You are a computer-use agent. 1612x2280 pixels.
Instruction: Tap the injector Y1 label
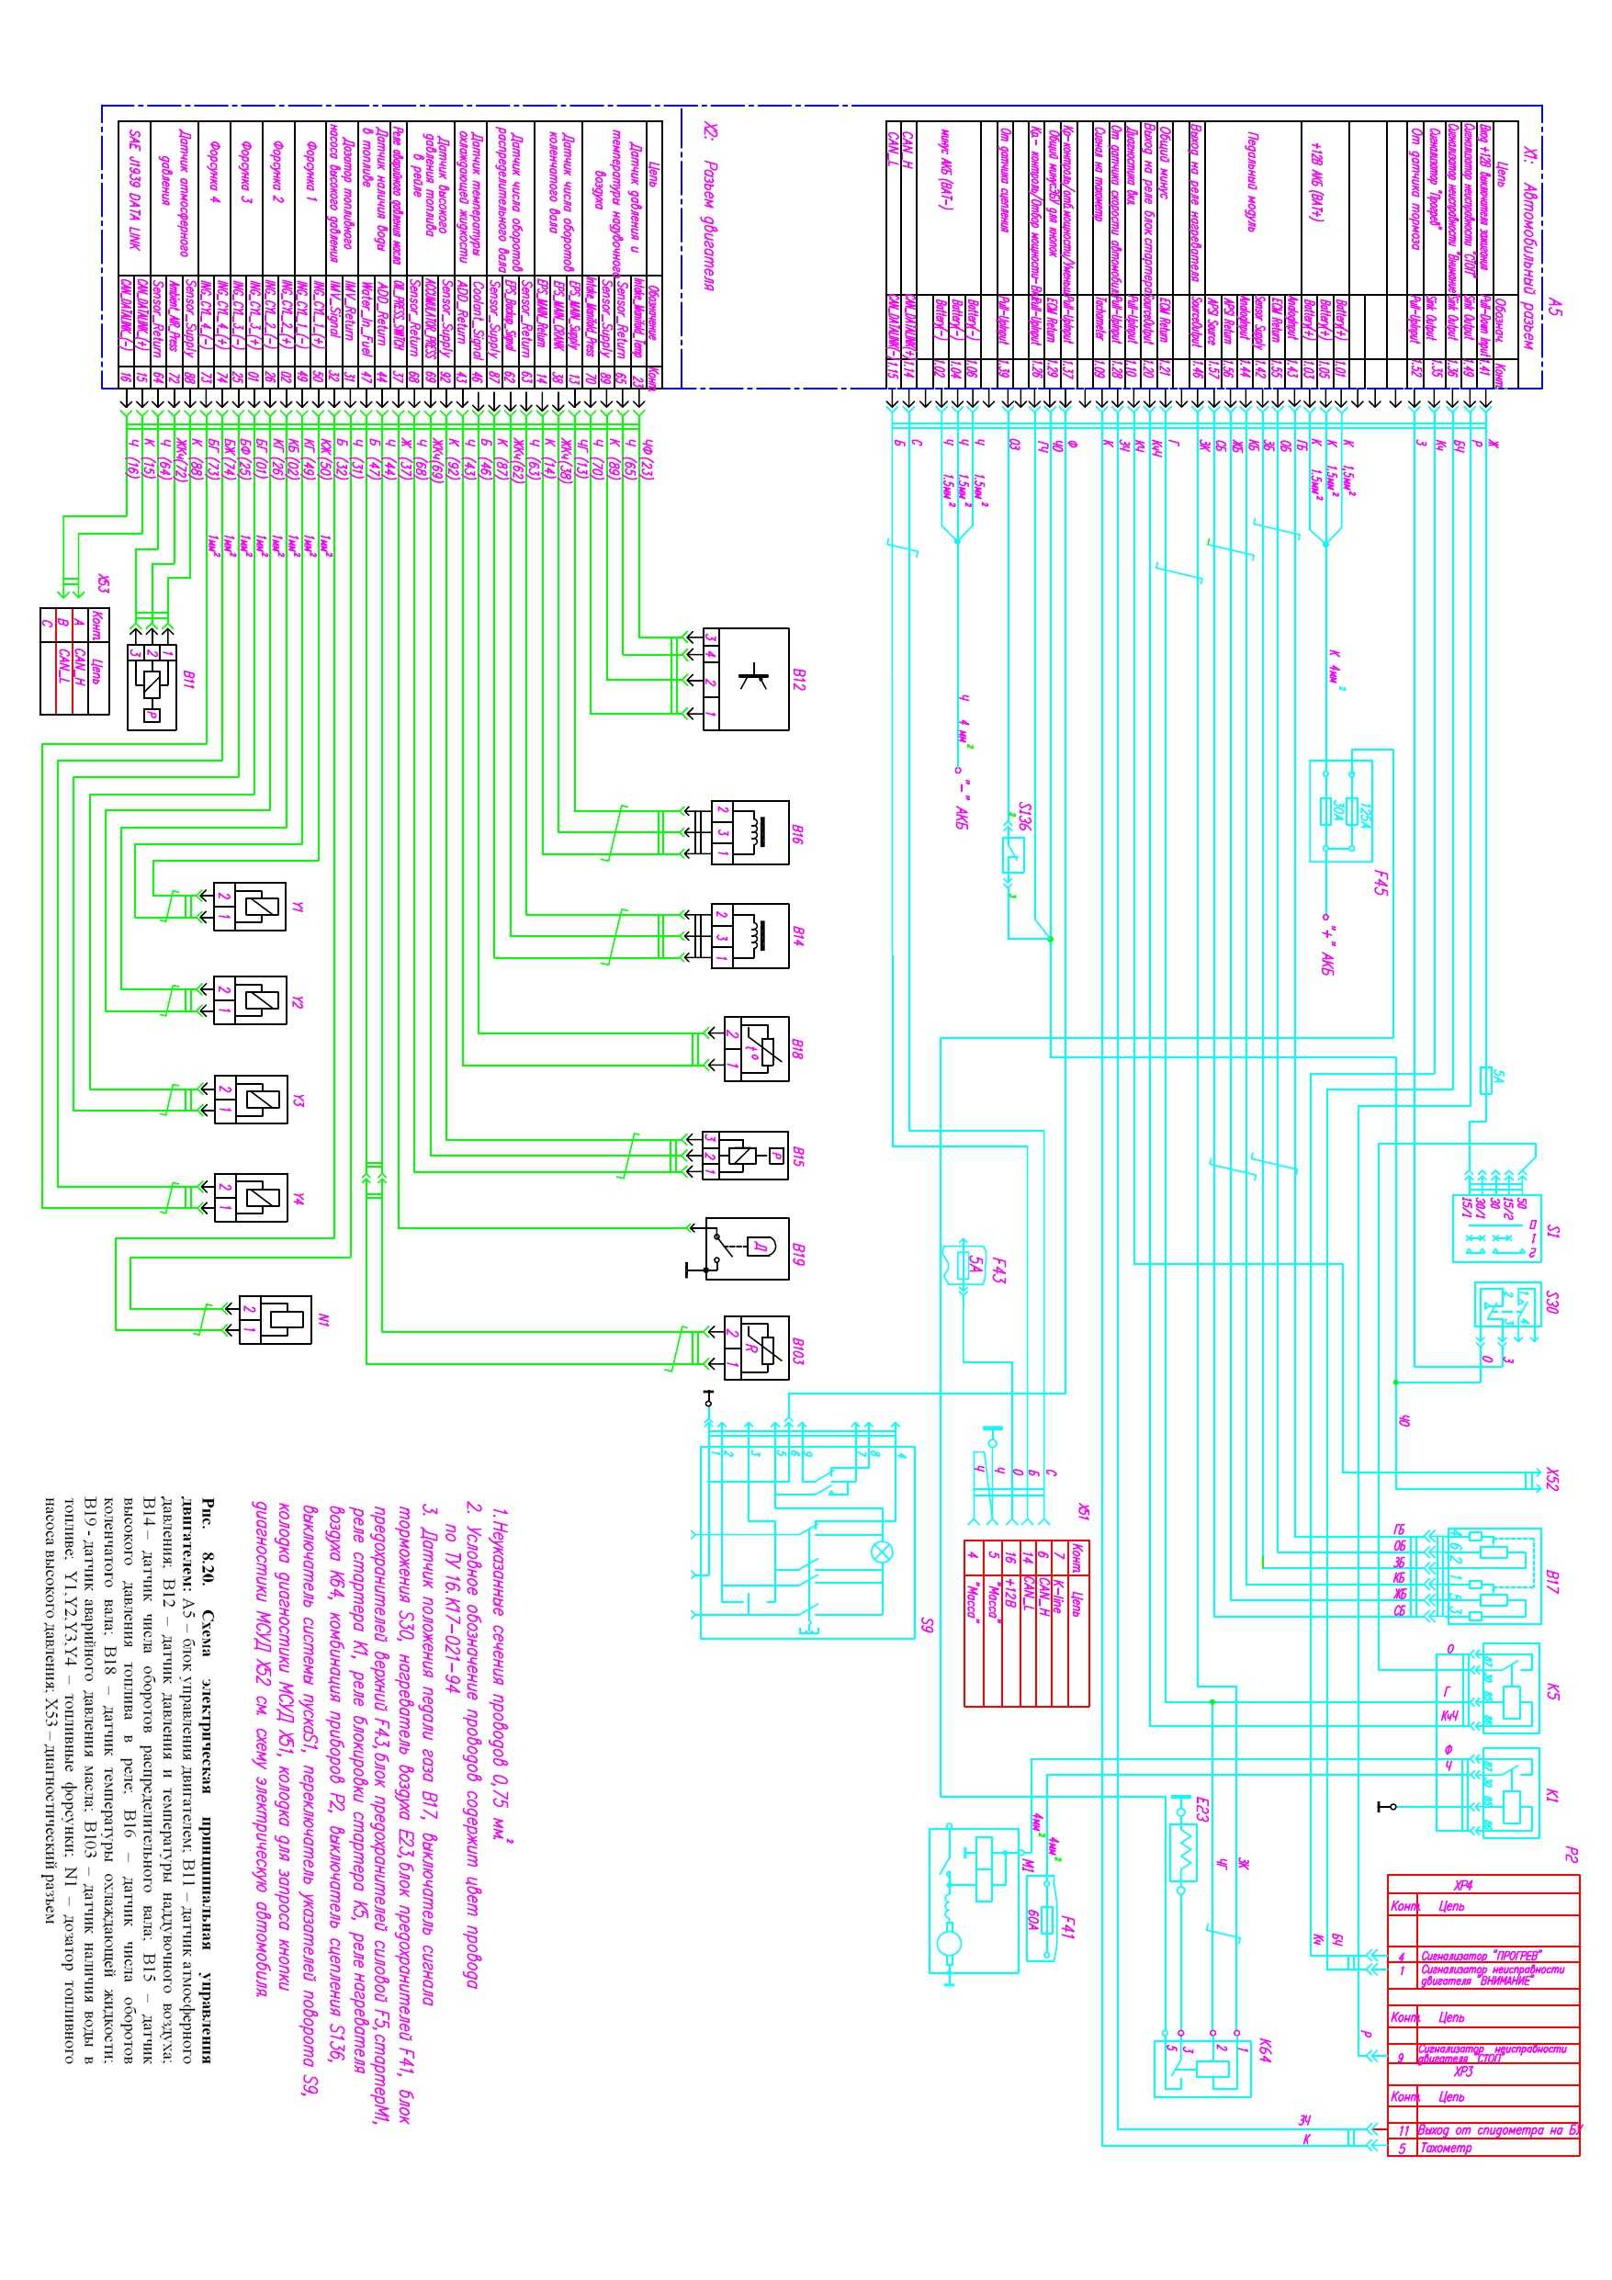(299, 908)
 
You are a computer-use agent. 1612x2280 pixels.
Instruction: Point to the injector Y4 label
(299, 1200)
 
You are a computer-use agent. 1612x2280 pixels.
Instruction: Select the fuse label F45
(1380, 883)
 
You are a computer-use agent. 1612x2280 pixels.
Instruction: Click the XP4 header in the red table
(1463, 1885)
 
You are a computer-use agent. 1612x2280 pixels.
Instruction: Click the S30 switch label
(1553, 1301)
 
